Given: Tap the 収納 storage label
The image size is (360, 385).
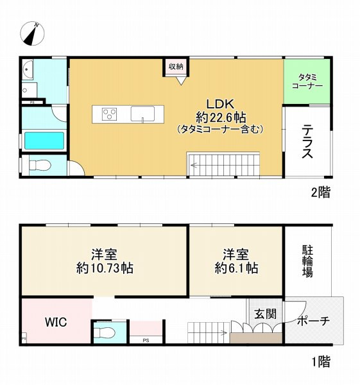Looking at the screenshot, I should (x=176, y=67).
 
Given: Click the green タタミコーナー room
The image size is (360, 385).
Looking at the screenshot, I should (x=307, y=81).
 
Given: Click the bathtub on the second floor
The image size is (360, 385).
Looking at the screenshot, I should (x=43, y=140).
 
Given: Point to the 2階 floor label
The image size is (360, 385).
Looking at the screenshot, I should (x=321, y=192).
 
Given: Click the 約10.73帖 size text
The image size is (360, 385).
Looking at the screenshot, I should (x=103, y=268).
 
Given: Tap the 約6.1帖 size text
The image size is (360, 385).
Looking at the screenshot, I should (x=236, y=268).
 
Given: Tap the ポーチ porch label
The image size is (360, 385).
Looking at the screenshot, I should (x=314, y=321).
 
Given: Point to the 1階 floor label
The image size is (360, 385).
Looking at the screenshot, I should (x=321, y=363).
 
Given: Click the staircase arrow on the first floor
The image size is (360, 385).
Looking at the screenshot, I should (x=218, y=332).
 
